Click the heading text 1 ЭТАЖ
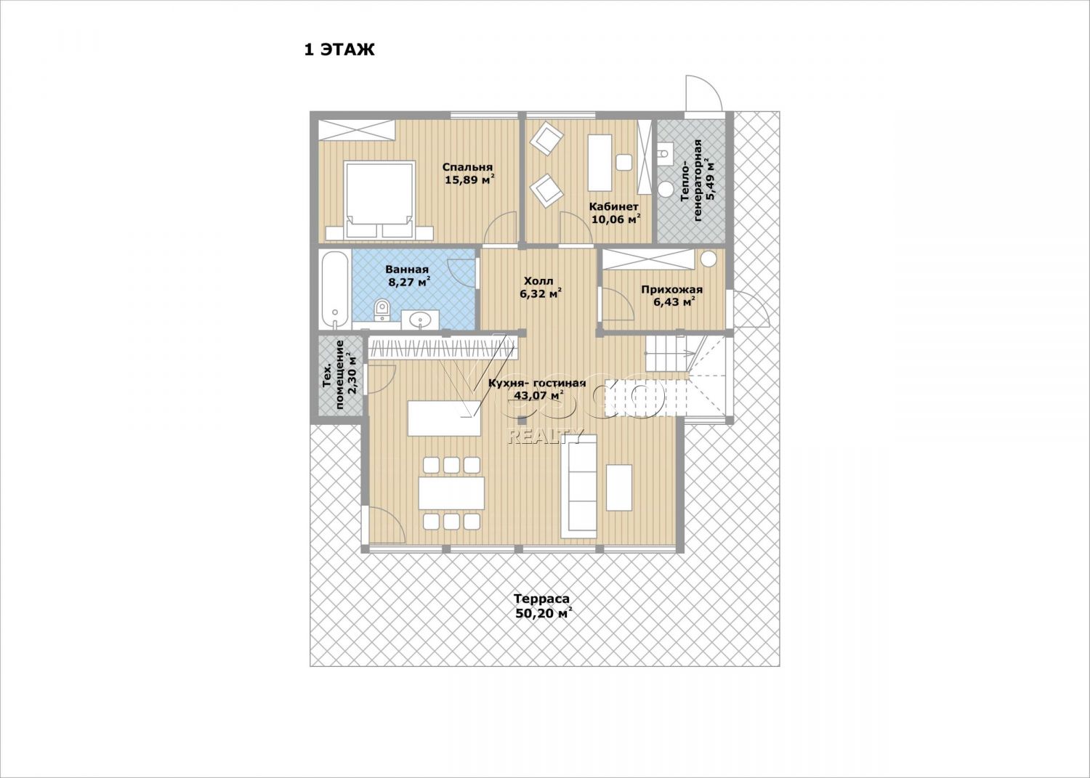(339, 49)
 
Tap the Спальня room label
(467, 167)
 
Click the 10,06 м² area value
(615, 219)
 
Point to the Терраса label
(541, 599)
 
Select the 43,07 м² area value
(539, 395)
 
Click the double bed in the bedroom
(379, 200)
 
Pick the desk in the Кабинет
(599, 163)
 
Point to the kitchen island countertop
(444, 418)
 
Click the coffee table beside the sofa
(619, 487)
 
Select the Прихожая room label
(671, 290)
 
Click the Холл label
(538, 281)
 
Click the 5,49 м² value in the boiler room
(711, 179)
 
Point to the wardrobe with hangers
(442, 349)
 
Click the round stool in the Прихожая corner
(708, 259)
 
